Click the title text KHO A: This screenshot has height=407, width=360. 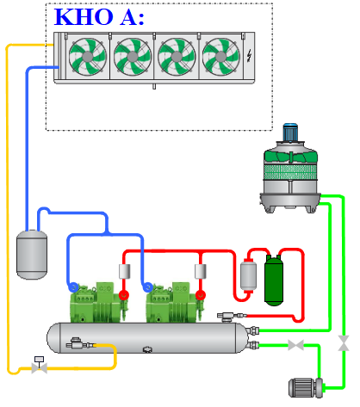coord(99,17)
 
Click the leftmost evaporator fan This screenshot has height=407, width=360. coord(88,57)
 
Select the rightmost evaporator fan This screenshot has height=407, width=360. coord(220,57)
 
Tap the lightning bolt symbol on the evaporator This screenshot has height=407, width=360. coord(249,56)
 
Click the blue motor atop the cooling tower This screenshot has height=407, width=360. coord(290,133)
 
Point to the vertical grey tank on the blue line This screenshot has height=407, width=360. coord(32,255)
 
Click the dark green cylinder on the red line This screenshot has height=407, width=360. coord(274,280)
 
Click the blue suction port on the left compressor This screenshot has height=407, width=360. coord(73,287)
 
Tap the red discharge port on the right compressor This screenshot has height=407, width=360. coord(201,295)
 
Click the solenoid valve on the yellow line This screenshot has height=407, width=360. coord(39,365)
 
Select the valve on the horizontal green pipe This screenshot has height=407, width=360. coord(295,345)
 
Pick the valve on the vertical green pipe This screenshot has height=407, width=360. coord(344,343)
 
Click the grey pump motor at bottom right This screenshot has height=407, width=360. coord(306,388)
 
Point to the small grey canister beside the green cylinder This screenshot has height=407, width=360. coord(248,275)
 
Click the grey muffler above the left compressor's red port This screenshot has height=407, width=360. coord(124,271)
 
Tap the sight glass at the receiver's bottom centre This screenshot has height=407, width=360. coord(147,349)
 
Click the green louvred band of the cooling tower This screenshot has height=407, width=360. coord(290,172)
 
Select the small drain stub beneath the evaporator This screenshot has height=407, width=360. coord(154,86)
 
